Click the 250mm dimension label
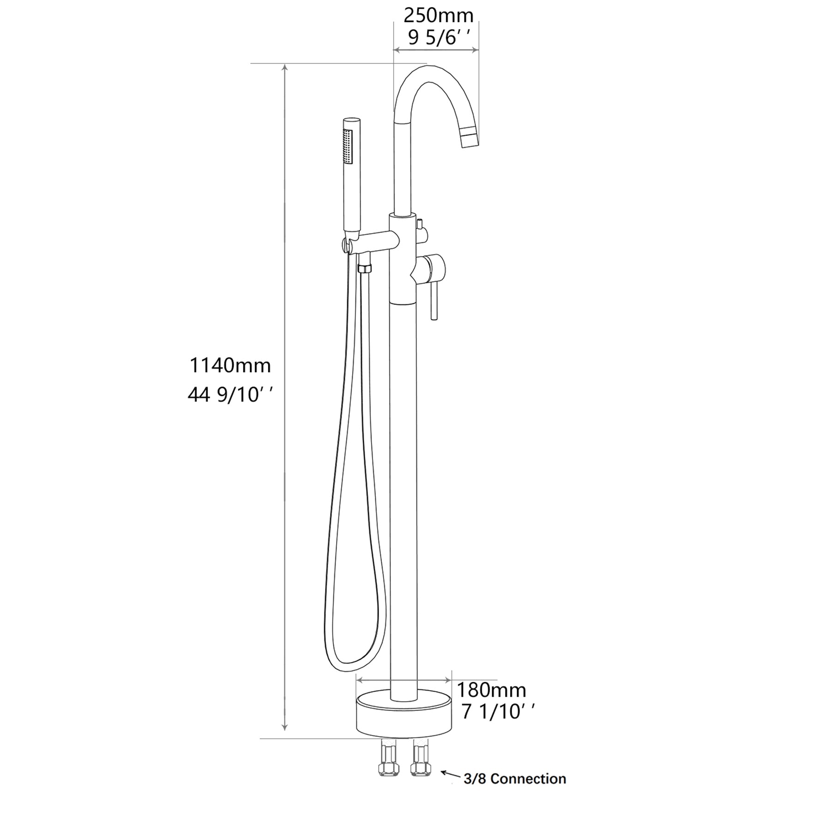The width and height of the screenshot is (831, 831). (x=438, y=16)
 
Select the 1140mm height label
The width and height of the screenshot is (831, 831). (x=230, y=366)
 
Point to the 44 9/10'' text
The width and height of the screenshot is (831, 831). (x=230, y=395)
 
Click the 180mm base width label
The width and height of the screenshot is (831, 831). (x=491, y=690)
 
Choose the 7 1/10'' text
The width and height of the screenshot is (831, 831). (x=498, y=712)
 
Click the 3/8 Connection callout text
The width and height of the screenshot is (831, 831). (x=515, y=779)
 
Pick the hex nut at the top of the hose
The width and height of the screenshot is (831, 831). (x=364, y=268)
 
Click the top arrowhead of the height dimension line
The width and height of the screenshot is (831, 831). (x=285, y=67)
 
